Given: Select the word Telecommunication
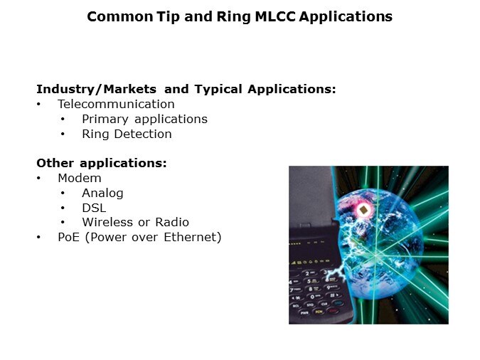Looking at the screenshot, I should (x=116, y=104).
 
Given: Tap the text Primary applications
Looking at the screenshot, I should (x=144, y=119).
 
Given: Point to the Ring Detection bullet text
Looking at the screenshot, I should (x=127, y=134).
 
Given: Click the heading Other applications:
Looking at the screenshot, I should (x=102, y=163).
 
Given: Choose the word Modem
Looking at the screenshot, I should (x=80, y=178).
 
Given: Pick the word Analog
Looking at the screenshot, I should (x=102, y=193).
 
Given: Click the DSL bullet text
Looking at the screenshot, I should (x=94, y=208).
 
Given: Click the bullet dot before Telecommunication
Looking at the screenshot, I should (x=39, y=105).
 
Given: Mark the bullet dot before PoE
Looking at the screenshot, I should (x=39, y=238).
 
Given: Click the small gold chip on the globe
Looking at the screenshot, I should (x=363, y=211).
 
